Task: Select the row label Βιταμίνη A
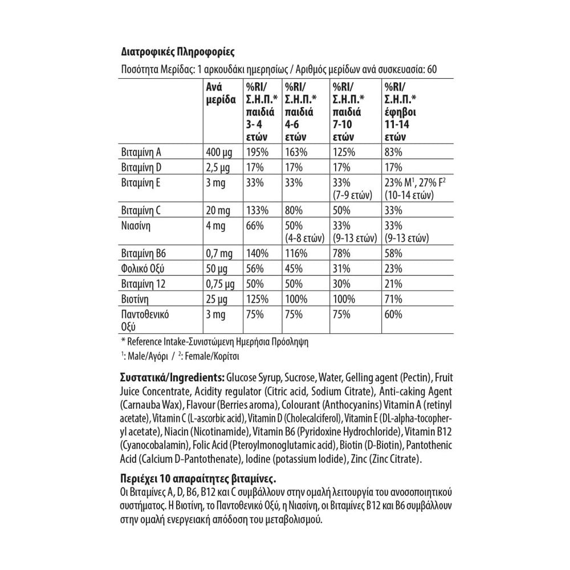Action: [142, 152]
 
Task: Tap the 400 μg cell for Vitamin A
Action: [218, 152]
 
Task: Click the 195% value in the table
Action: [255, 152]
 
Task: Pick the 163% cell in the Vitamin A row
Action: [296, 152]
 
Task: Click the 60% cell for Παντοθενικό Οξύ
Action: [393, 314]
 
